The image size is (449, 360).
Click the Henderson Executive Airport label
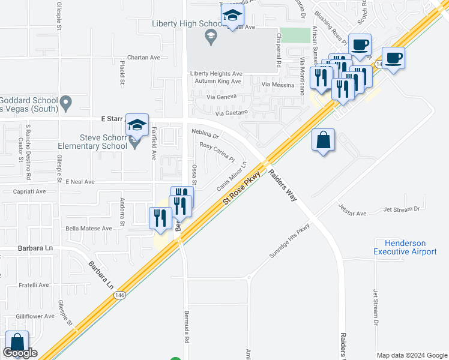(405, 248)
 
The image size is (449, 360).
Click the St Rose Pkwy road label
(241, 189)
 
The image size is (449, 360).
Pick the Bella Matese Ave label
(89, 229)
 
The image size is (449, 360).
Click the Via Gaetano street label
(231, 113)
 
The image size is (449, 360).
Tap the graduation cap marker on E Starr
(137, 124)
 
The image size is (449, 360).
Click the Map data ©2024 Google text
(412, 355)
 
